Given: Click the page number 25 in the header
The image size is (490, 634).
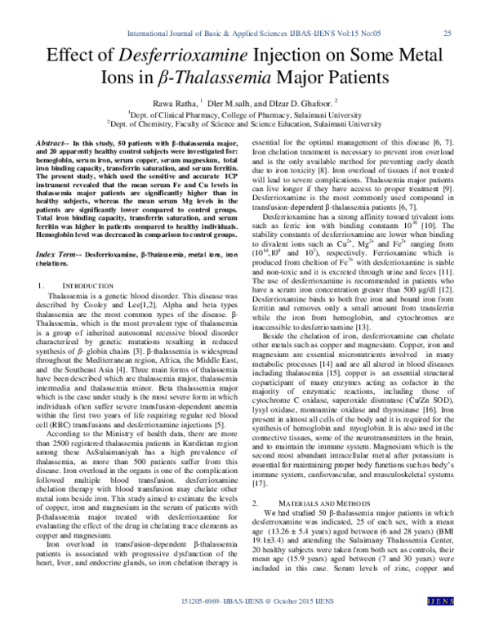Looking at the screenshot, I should click(x=447, y=33).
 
